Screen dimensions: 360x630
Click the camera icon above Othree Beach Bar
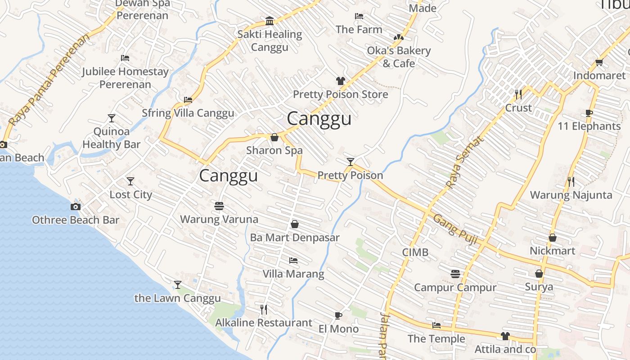pyautogui.click(x=76, y=207)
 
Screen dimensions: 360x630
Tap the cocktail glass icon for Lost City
pyautogui.click(x=130, y=181)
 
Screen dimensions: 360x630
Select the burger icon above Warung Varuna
pyautogui.click(x=219, y=206)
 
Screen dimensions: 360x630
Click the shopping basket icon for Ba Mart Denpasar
pyautogui.click(x=295, y=224)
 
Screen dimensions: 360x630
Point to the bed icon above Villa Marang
pyautogui.click(x=293, y=261)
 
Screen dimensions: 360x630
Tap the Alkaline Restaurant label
pyautogui.click(x=263, y=323)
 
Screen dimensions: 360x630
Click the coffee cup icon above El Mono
pyautogui.click(x=338, y=315)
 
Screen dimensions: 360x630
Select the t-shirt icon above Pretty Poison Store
pyautogui.click(x=341, y=81)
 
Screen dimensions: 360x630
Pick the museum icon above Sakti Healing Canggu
pyautogui.click(x=270, y=21)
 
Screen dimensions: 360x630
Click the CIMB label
pyautogui.click(x=415, y=252)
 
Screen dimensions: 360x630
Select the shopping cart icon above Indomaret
pyautogui.click(x=599, y=62)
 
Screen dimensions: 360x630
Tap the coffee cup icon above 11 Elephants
pyautogui.click(x=589, y=113)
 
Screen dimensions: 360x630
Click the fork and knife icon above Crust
pyautogui.click(x=518, y=94)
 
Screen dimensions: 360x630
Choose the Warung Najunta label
pyautogui.click(x=571, y=195)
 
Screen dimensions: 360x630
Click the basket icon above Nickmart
pyautogui.click(x=552, y=238)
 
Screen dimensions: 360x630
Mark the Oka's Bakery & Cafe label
pyautogui.click(x=399, y=57)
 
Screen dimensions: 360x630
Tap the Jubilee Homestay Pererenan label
pyautogui.click(x=125, y=78)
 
